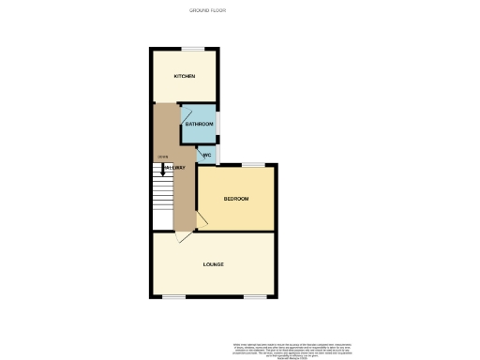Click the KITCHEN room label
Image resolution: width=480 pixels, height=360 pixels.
pos(184,76)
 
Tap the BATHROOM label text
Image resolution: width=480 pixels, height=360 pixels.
pos(199,125)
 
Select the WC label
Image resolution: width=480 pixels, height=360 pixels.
pos(207,155)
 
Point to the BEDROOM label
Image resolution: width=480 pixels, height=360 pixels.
pos(235,199)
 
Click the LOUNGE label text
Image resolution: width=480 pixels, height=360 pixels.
pos(213,264)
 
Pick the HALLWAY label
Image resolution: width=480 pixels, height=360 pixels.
pos(175,168)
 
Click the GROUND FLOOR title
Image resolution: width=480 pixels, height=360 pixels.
pos(208,10)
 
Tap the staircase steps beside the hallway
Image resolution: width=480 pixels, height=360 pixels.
pos(162,197)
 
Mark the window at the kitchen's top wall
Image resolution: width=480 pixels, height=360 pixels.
pos(194,49)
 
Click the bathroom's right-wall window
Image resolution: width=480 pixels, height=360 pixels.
pos(218,123)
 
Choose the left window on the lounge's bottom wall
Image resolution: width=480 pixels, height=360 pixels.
pos(173,296)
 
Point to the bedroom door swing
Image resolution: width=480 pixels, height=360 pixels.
pos(201,221)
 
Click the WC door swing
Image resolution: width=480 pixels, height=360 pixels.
pos(199,150)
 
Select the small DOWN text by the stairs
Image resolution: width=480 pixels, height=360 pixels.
pos(162,157)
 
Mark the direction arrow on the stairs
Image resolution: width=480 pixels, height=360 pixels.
pos(163,170)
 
